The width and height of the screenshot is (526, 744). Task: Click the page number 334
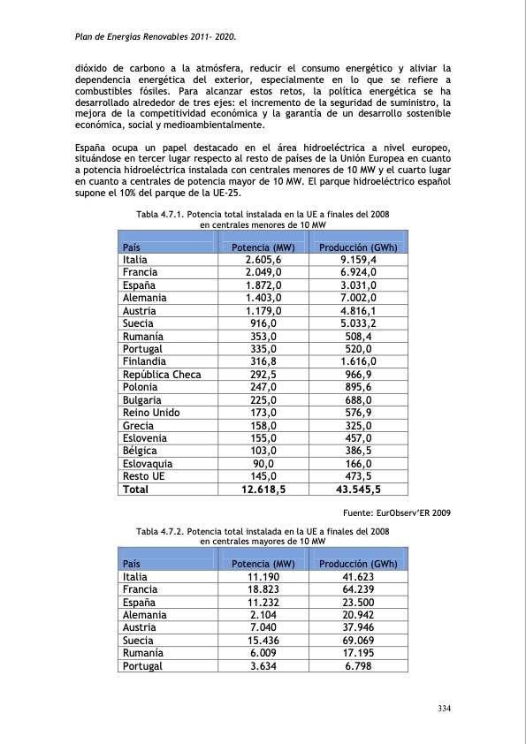click(x=446, y=708)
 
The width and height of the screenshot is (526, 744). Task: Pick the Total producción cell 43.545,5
click(x=358, y=489)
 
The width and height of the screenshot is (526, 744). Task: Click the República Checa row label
click(x=162, y=375)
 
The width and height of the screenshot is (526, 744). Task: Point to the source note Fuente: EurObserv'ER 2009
click(x=395, y=512)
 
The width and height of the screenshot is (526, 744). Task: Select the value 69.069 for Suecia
click(x=358, y=641)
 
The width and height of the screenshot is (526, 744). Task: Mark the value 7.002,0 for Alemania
click(x=358, y=299)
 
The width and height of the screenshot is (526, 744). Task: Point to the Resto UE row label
click(x=143, y=476)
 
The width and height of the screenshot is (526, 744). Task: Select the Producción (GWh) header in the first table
click(x=358, y=247)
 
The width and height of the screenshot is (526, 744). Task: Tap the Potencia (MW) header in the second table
click(x=263, y=564)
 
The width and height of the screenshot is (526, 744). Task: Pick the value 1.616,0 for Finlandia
click(x=358, y=362)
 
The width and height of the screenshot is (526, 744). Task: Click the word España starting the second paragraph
click(x=92, y=147)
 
